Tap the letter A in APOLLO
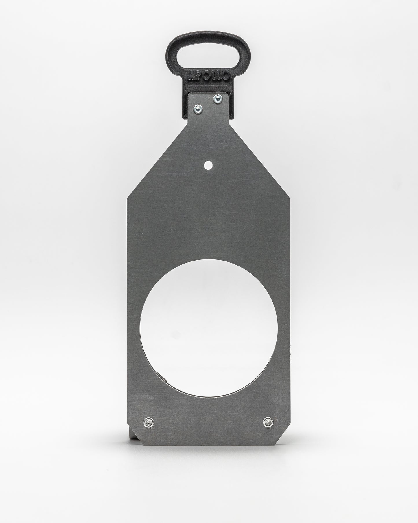pyautogui.click(x=191, y=76)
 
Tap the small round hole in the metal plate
pyautogui.click(x=208, y=166)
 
